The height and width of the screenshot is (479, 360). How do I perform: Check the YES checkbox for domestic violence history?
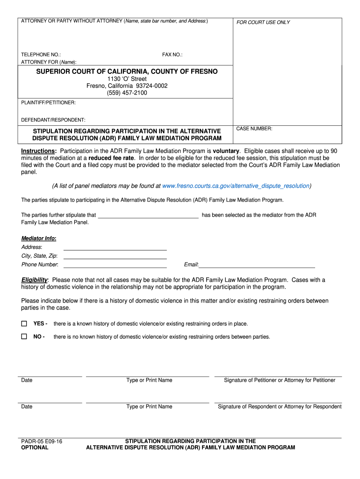(x=24, y=324)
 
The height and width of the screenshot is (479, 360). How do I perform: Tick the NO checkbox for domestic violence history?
(x=24, y=337)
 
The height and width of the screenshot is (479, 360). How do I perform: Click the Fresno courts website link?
(x=236, y=186)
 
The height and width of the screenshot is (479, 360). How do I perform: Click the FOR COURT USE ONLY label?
(x=263, y=22)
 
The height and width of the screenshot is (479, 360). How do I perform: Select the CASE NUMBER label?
(x=254, y=129)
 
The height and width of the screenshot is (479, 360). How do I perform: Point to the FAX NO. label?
(x=173, y=55)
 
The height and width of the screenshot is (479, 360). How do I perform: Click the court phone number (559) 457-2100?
(x=127, y=93)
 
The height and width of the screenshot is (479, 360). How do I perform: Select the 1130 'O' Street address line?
(x=127, y=79)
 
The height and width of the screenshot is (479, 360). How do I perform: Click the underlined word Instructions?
(x=38, y=152)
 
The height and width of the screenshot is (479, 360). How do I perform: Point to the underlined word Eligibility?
(x=34, y=280)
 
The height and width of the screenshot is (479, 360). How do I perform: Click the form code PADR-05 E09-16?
(x=42, y=441)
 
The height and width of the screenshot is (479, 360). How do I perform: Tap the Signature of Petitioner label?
(x=280, y=380)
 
